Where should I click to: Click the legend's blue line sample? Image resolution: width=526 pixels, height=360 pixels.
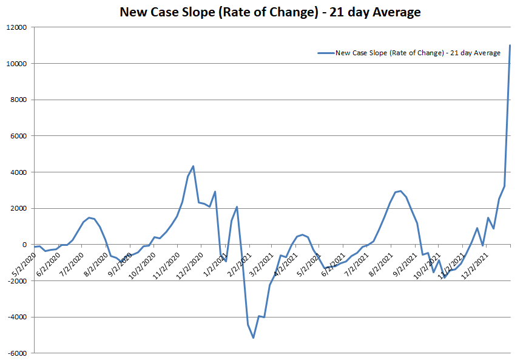tap(326, 53)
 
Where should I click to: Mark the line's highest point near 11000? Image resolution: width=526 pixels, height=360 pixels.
tap(510, 46)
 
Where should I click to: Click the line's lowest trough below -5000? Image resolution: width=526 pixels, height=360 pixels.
tap(253, 338)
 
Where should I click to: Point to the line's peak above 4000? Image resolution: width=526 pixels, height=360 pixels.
tap(193, 166)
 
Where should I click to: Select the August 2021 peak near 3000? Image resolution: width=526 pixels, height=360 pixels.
tap(400, 191)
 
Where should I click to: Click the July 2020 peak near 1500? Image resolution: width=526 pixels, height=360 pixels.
tap(89, 217)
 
